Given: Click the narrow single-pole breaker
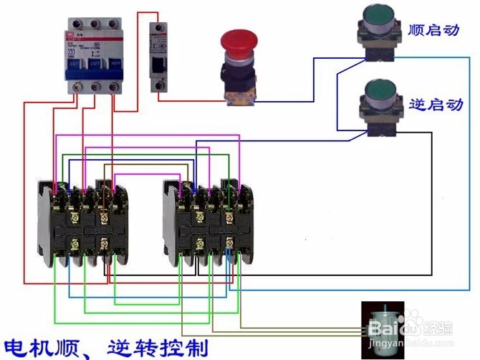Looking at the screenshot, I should pos(158,57).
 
